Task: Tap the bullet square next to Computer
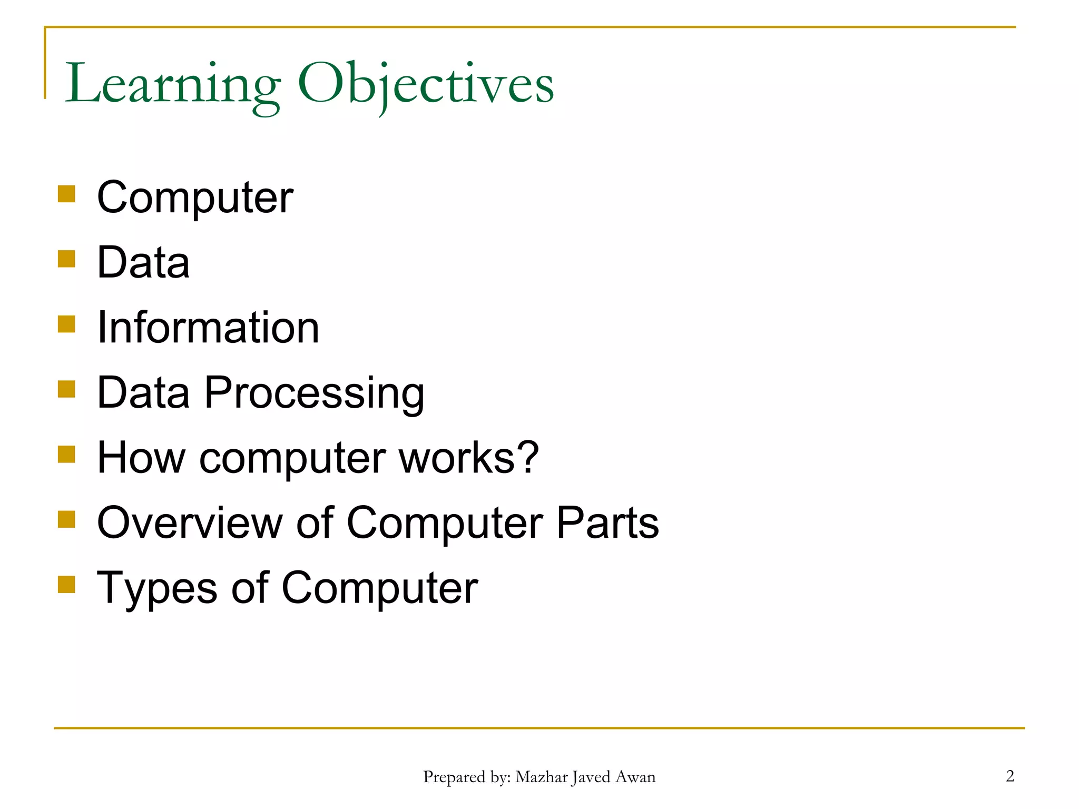coord(66,193)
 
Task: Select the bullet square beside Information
coord(66,324)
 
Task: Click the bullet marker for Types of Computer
coord(66,584)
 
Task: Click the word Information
coord(208,328)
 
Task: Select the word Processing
coord(314,393)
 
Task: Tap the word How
coord(141,458)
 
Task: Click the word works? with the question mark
coord(468,458)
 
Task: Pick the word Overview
coord(190,523)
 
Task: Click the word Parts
coord(607,523)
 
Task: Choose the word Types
coord(157,589)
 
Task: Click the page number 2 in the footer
coord(1010,776)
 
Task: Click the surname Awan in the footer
coord(636,777)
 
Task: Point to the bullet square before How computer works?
coord(66,454)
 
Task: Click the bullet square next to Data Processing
coord(66,389)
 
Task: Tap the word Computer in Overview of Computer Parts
coord(445,523)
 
